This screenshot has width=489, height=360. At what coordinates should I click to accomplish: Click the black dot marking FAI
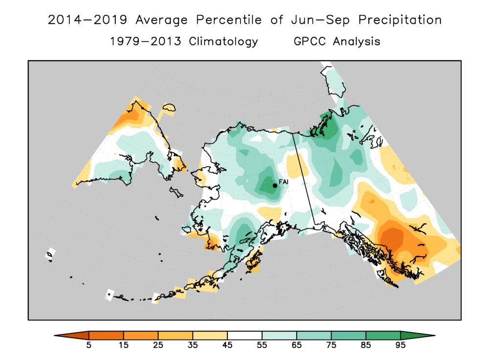(275, 185)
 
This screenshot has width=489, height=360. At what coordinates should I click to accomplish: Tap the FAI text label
(283, 182)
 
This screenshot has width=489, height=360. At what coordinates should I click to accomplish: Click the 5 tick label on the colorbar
(89, 346)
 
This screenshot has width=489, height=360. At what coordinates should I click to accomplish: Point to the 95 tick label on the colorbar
(400, 346)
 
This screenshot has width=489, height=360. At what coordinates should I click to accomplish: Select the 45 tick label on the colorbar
(227, 346)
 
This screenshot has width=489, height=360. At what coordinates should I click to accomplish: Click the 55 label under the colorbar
(262, 346)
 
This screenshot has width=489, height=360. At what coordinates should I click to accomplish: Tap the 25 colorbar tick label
(158, 346)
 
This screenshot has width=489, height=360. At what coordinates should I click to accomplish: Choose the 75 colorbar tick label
(332, 346)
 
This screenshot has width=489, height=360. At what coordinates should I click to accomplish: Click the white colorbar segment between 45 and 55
(244, 335)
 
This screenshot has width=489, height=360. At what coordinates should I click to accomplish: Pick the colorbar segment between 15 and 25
(141, 335)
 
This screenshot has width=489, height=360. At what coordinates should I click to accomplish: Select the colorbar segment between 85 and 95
(383, 335)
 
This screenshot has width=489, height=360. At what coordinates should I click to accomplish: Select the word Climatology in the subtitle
(223, 42)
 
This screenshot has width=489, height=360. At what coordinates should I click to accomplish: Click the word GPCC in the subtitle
(311, 42)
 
